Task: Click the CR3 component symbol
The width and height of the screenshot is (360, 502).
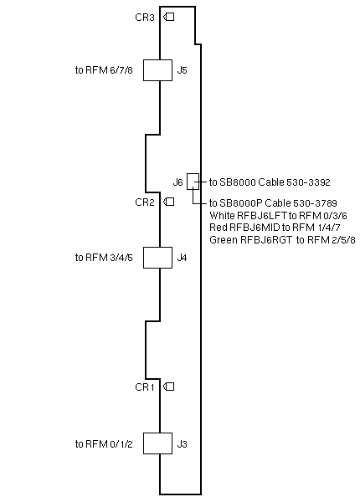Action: pyautogui.click(x=169, y=17)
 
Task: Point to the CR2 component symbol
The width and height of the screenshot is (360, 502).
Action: pyautogui.click(x=169, y=202)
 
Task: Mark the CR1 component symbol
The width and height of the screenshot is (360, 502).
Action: pyautogui.click(x=169, y=387)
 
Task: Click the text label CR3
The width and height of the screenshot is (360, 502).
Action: pyautogui.click(x=145, y=18)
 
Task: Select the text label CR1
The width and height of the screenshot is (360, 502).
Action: pyautogui.click(x=145, y=387)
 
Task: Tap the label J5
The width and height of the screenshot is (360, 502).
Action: pyautogui.click(x=183, y=70)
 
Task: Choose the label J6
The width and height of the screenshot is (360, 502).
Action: pyautogui.click(x=177, y=182)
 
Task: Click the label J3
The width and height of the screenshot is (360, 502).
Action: pyautogui.click(x=183, y=444)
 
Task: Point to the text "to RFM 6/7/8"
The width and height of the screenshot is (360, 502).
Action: pyautogui.click(x=104, y=70)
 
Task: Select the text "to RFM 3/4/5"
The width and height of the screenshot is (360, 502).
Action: pyautogui.click(x=104, y=258)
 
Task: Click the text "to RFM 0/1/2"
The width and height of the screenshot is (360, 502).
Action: pyautogui.click(x=104, y=444)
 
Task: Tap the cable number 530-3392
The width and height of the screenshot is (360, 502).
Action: pyautogui.click(x=308, y=182)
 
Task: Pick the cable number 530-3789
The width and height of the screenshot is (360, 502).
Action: pyautogui.click(x=315, y=203)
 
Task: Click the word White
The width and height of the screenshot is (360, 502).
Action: pyautogui.click(x=222, y=215)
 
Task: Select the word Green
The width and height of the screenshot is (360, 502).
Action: pyautogui.click(x=224, y=240)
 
